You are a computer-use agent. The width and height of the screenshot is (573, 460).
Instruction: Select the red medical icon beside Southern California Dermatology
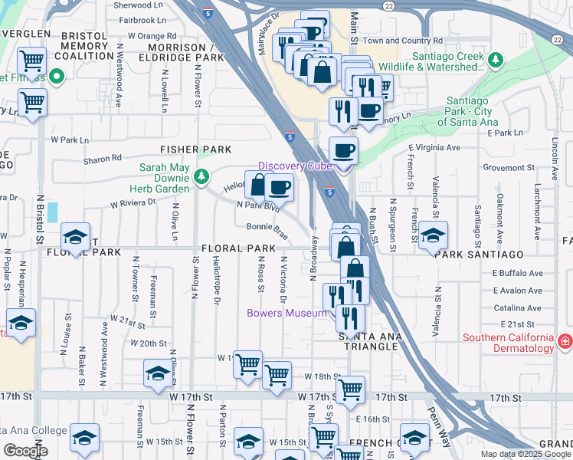point(565,340)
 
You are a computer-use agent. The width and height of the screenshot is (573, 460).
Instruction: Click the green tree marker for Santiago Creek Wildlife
point(496,58)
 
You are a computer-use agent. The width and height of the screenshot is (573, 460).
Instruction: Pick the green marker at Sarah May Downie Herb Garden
point(201,177)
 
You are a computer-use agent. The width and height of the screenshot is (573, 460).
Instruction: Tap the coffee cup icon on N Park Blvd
point(280,186)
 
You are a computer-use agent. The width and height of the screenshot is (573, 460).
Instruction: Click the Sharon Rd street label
point(106,158)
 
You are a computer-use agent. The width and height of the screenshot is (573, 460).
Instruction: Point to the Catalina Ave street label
point(518,307)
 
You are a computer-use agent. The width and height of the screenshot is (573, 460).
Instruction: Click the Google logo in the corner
point(26,451)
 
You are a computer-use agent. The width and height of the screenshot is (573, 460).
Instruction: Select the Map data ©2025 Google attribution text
point(525,453)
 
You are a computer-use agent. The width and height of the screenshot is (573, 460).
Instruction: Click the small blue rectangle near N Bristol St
point(51,212)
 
